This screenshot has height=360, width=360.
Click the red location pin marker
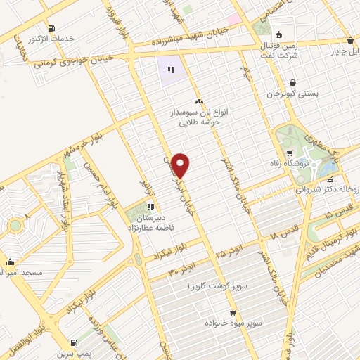tap(181, 165)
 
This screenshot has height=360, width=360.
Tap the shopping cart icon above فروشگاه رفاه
tap(290, 154)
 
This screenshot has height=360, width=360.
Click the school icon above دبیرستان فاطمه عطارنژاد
tap(150, 207)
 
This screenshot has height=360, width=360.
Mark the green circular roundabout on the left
tap(14, 226)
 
